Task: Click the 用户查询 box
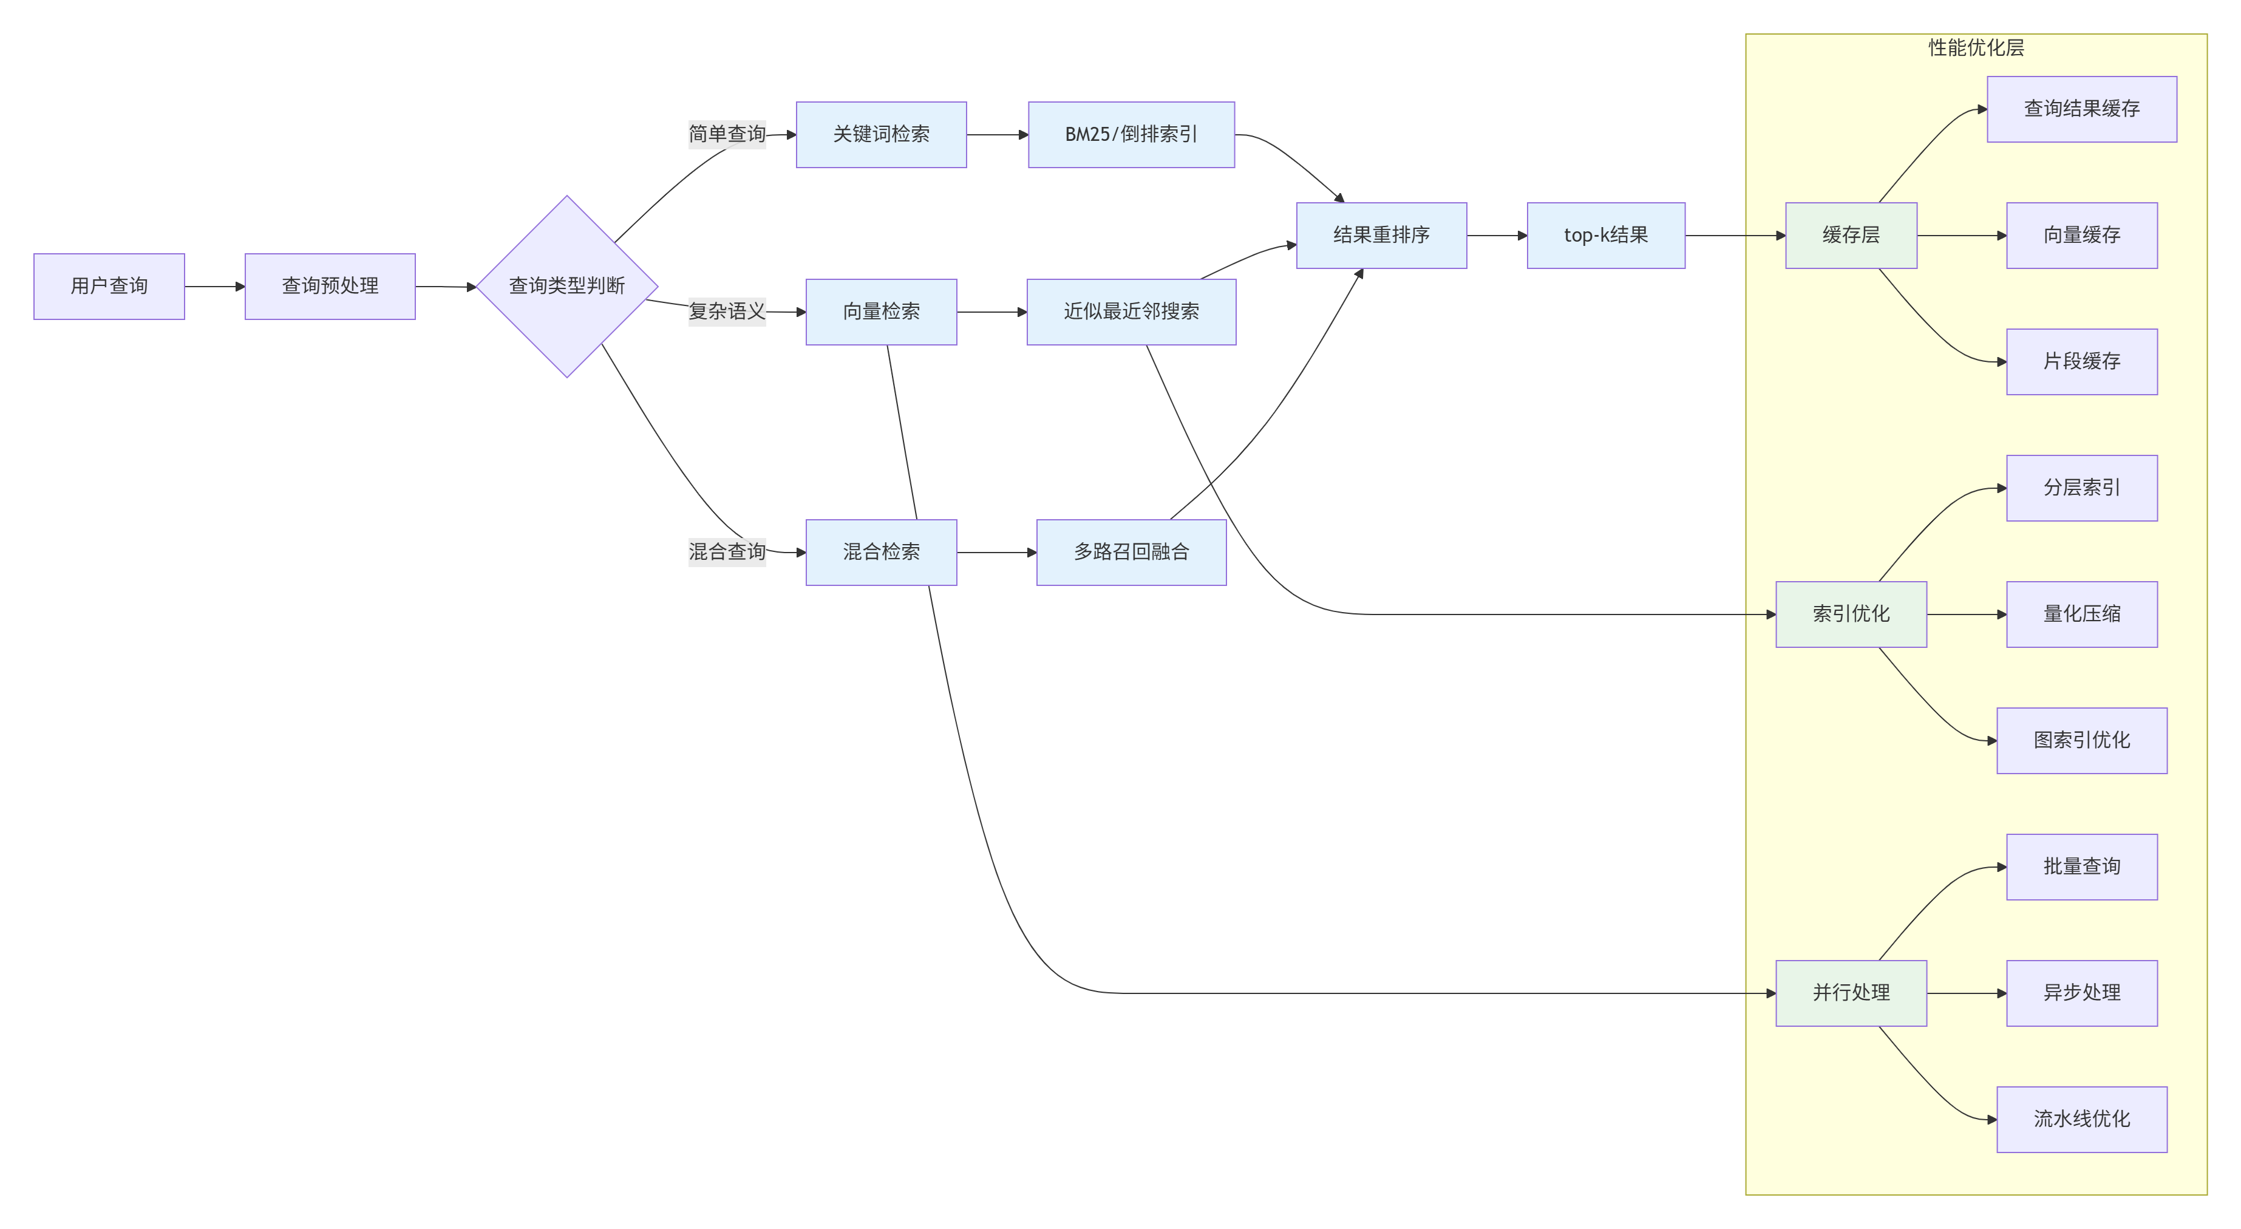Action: click(109, 286)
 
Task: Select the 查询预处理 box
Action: click(330, 286)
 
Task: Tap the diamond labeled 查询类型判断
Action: click(566, 286)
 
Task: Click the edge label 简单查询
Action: click(726, 134)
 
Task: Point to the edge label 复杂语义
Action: click(726, 310)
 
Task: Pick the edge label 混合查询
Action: click(726, 551)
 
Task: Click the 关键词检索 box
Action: click(880, 134)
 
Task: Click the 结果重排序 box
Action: click(1381, 235)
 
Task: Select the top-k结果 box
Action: click(1605, 235)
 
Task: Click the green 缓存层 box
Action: click(1851, 235)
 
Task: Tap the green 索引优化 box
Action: click(1851, 614)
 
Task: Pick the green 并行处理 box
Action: click(1851, 992)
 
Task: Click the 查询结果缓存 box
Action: click(2081, 109)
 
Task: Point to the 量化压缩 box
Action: click(2081, 614)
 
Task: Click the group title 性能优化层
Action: click(1976, 48)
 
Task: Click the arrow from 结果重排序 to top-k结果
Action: click(1496, 235)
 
